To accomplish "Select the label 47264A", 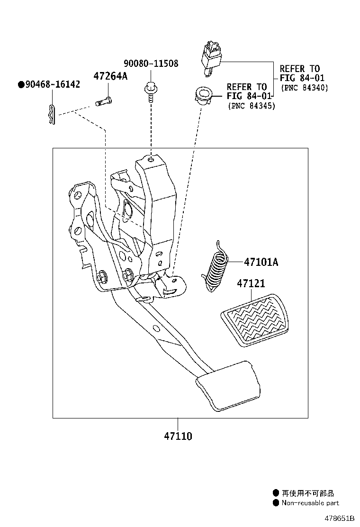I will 110,76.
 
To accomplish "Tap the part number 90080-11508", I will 151,64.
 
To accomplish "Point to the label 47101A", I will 261,262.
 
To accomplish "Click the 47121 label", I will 251,283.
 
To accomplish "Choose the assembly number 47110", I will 178,436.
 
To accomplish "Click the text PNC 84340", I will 304,88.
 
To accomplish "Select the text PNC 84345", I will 251,106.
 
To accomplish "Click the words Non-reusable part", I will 310,503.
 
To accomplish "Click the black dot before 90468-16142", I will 21,85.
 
